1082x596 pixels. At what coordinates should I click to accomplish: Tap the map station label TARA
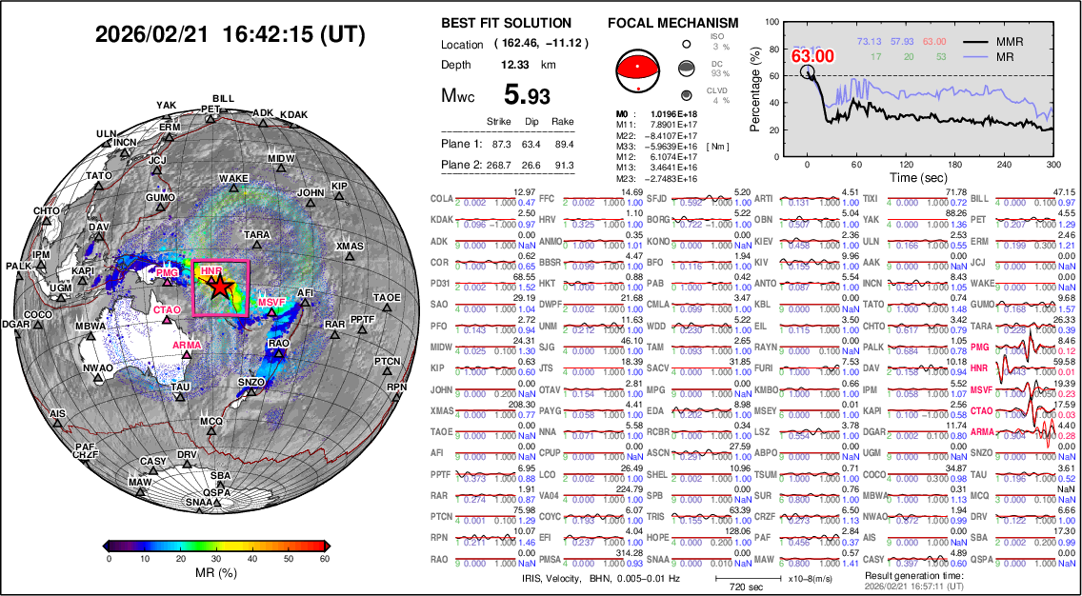256,234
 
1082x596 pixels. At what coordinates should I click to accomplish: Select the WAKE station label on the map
233,178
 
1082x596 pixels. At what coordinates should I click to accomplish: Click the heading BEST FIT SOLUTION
507,23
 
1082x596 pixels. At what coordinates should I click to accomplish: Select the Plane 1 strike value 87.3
497,144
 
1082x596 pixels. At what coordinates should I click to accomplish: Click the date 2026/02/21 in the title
153,35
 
